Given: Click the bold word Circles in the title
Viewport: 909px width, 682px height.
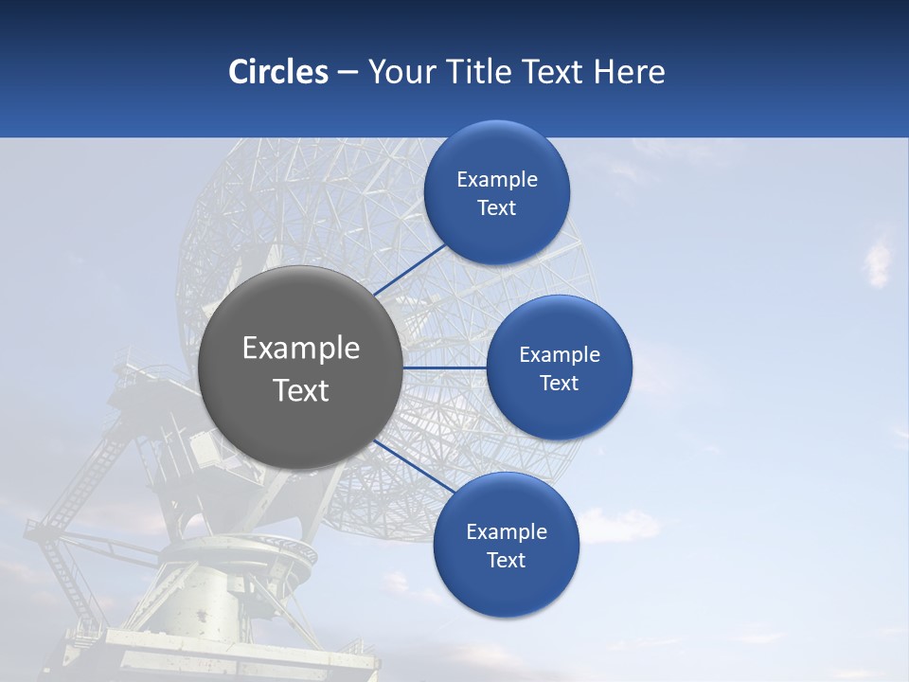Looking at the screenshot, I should point(277,72).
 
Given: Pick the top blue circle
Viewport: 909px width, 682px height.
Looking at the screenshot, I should point(497,232).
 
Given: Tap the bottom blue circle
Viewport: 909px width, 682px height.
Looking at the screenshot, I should point(506,587).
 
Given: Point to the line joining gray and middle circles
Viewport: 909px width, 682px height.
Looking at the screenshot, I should point(444,368).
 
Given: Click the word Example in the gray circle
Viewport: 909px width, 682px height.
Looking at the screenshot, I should point(301,349).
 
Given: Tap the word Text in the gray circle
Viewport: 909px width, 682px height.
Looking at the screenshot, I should point(301,390).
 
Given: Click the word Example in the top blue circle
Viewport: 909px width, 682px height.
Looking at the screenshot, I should point(497,180).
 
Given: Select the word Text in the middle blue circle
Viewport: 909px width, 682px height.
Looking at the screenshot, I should point(559,384).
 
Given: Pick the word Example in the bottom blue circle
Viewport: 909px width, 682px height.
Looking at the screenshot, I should point(506,531).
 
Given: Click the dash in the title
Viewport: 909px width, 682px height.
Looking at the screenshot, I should point(348,72).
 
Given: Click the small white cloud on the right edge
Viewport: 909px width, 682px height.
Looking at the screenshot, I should point(878,260).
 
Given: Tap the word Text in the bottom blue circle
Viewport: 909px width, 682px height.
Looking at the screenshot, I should point(506,561).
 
